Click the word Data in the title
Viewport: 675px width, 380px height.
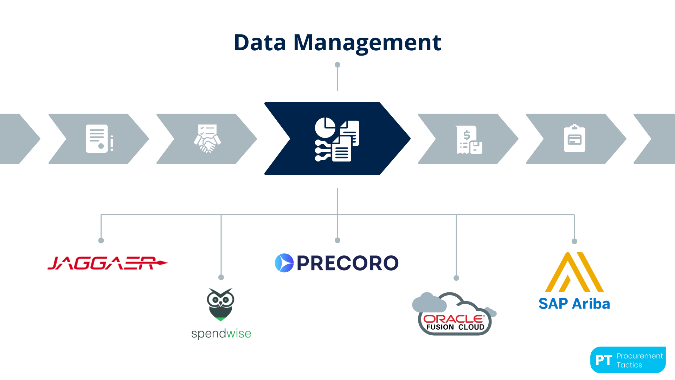(x=260, y=43)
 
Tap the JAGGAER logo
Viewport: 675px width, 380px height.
(x=107, y=263)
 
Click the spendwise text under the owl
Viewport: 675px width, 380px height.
(x=221, y=334)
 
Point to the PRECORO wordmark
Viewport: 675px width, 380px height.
(x=347, y=263)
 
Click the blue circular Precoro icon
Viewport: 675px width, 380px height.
(x=284, y=263)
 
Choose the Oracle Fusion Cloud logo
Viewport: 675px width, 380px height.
(x=454, y=314)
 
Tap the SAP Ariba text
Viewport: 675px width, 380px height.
(x=574, y=304)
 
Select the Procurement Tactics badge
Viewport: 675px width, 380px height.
(x=628, y=360)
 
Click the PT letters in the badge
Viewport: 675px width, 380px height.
(x=604, y=360)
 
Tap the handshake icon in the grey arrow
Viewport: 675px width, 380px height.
(x=207, y=139)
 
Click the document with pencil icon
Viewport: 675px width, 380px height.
(x=99, y=139)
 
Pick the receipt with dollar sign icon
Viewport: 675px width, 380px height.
(x=469, y=140)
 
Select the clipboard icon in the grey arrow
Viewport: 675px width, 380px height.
(x=574, y=138)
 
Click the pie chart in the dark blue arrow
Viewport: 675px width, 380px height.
(x=325, y=127)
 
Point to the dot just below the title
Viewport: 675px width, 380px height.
(x=337, y=65)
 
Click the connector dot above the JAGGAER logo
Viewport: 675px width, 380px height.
(x=101, y=241)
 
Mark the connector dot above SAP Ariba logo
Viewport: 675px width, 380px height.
(x=574, y=241)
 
